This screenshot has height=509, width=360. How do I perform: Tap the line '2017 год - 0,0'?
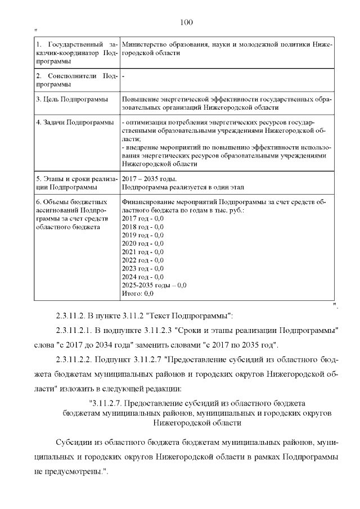(142, 218)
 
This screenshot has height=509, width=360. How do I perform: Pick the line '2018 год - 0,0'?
(142, 226)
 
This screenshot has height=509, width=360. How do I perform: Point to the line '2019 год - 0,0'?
(142, 235)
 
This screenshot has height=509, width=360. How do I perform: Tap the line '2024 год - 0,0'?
(142, 277)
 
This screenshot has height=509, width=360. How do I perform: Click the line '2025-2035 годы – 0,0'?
(154, 285)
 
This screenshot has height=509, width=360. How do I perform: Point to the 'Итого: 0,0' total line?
(137, 294)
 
